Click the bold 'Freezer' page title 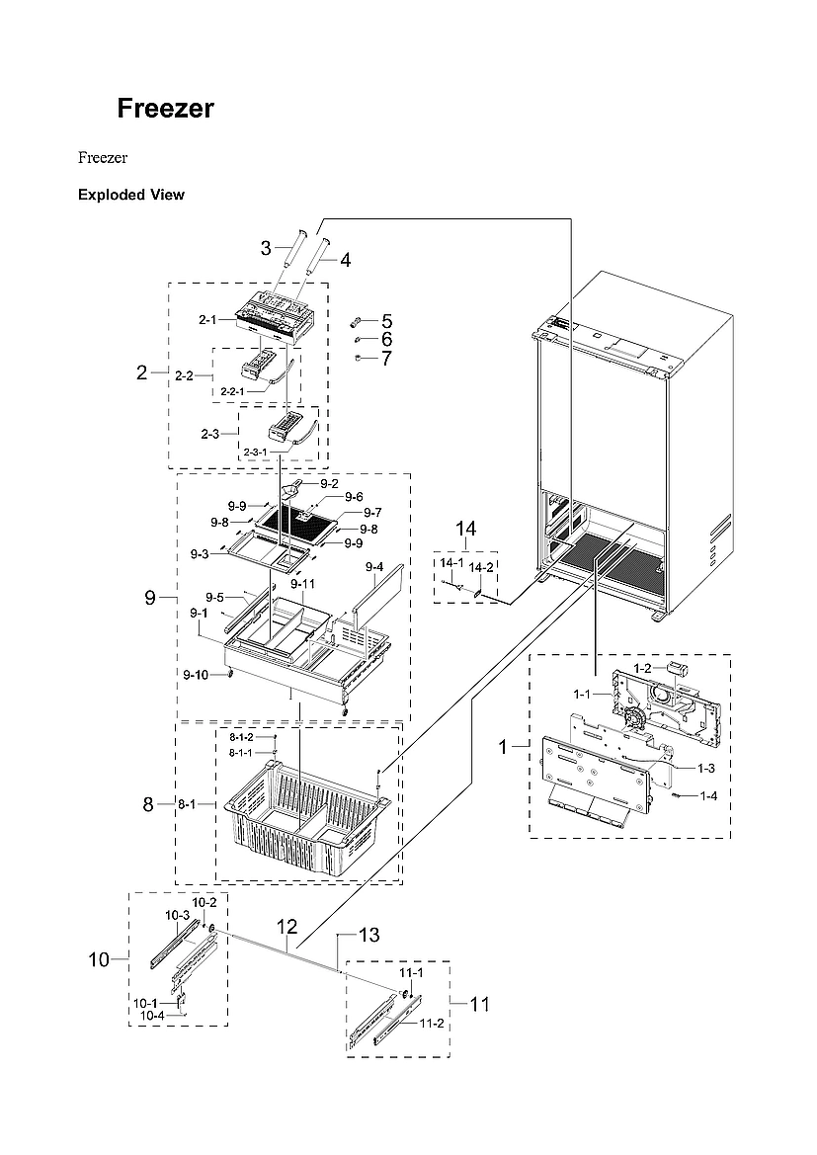(165, 109)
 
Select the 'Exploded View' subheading (130, 195)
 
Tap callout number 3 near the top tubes (266, 248)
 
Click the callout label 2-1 (207, 320)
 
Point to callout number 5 (386, 321)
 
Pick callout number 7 (386, 358)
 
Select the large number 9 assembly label (150, 597)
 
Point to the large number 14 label (465, 530)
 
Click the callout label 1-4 (708, 795)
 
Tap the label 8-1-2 (241, 737)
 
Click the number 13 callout (368, 935)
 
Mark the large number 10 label (99, 958)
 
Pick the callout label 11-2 (432, 1023)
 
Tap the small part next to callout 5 (358, 321)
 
